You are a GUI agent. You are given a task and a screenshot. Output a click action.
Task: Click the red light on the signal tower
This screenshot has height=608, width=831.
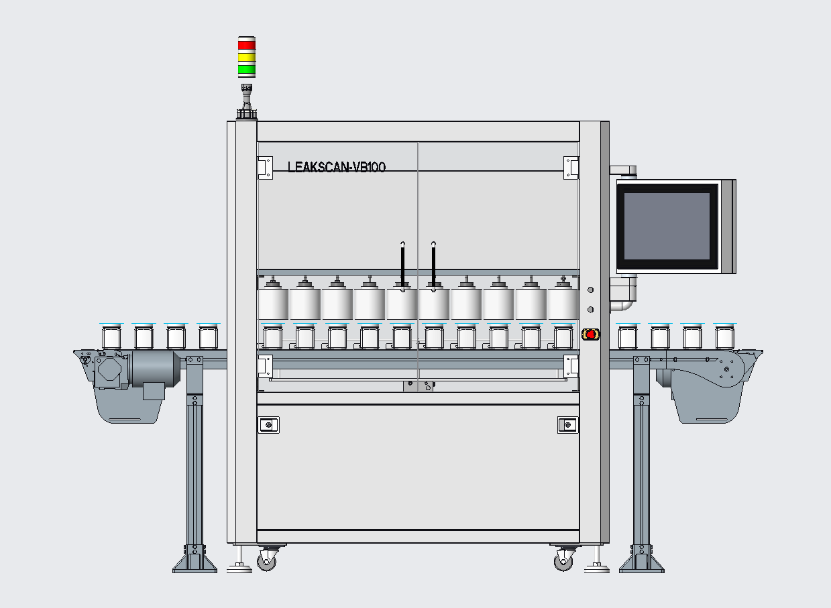tap(247, 45)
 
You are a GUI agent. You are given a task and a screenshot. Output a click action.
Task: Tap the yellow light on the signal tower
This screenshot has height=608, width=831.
tap(247, 57)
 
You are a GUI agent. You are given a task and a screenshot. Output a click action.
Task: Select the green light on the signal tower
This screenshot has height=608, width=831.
tap(247, 69)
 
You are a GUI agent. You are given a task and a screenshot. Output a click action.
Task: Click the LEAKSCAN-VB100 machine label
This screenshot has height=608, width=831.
tap(337, 167)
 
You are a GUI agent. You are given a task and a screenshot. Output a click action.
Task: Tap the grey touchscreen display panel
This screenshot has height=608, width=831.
tap(667, 226)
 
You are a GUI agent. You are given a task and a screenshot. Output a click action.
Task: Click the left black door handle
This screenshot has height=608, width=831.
tap(403, 267)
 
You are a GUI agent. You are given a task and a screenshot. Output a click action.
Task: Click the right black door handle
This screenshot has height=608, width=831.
tap(434, 267)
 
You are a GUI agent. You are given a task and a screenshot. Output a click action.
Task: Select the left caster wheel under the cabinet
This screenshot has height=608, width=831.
tap(266, 558)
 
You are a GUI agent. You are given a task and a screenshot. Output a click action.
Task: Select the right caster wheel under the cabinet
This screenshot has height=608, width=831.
tap(563, 558)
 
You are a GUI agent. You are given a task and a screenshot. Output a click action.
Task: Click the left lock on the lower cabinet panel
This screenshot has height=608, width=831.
tap(268, 425)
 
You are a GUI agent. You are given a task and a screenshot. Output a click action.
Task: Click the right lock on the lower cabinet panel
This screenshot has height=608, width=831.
tap(568, 425)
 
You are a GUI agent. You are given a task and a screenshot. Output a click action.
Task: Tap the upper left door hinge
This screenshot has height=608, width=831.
tap(265, 168)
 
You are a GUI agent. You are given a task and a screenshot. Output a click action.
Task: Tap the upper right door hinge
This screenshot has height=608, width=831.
tap(571, 168)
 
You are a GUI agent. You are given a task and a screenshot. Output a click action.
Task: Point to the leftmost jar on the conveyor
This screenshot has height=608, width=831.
tap(111, 337)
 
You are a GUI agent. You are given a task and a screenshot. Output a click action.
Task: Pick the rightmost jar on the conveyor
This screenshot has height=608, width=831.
tap(724, 337)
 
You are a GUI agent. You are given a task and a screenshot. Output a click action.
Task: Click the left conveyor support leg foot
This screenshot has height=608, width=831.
tap(195, 559)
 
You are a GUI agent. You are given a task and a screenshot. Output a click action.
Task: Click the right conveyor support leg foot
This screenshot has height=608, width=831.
tap(641, 559)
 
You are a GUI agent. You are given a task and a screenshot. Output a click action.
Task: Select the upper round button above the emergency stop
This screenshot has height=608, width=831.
tap(591, 290)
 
